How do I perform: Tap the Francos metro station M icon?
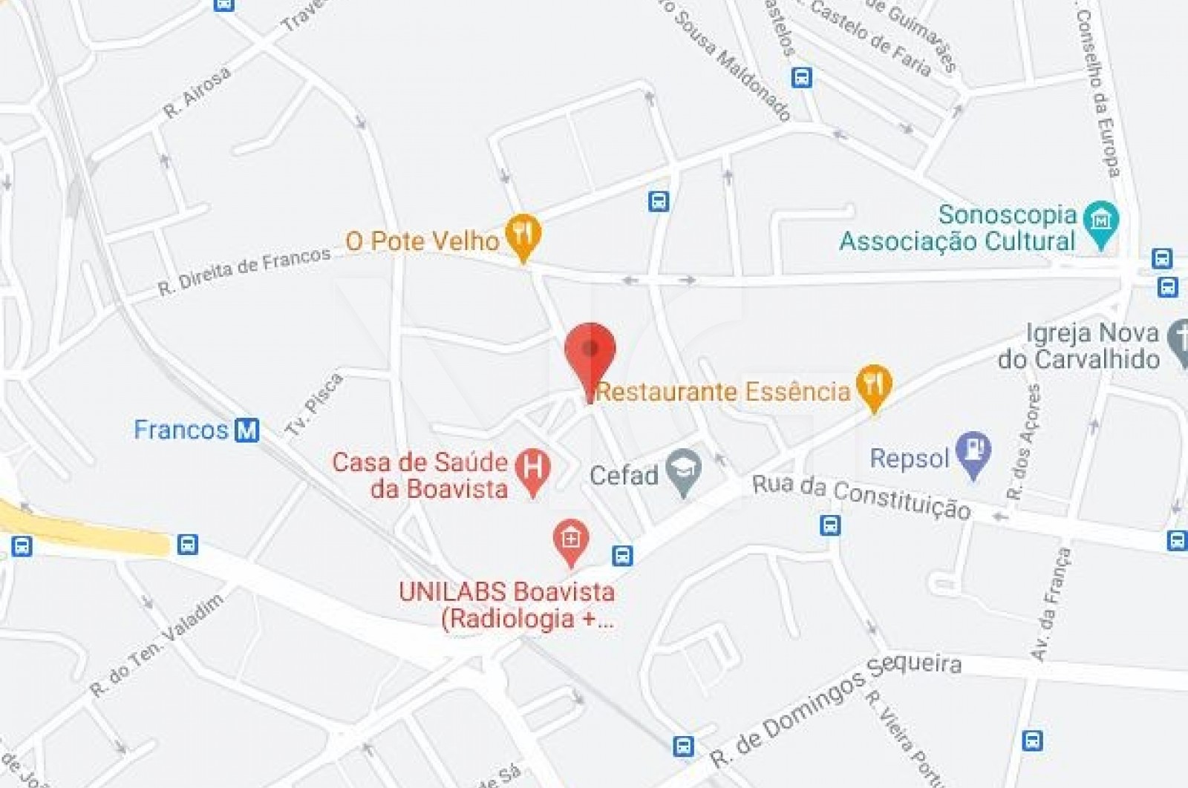coord(247,430)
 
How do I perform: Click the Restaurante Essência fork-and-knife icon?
coord(874,384)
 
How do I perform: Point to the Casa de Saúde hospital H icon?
coord(532,468)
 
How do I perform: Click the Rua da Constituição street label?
coord(861,496)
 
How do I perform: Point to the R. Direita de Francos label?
coord(244,272)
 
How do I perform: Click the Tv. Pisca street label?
coord(315,404)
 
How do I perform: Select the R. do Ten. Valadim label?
coord(157,645)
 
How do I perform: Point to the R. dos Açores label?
coord(1024,441)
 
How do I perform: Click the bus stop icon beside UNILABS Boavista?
coord(622,555)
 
